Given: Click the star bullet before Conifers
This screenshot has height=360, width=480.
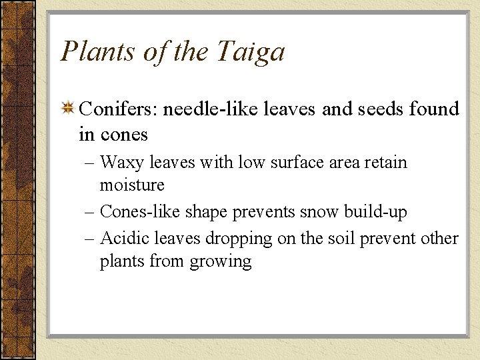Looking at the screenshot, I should [67, 109].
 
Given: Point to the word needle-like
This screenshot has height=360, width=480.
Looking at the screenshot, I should [213, 109].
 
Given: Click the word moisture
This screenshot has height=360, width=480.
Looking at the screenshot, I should [132, 184].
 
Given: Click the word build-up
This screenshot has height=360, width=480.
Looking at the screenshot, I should [375, 212].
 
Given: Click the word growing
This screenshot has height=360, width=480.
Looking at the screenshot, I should [221, 261].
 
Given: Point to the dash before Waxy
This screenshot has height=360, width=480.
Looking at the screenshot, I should [90, 163].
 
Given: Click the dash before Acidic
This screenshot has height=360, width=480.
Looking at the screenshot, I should [90, 239].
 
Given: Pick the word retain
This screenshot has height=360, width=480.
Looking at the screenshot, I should [385, 163].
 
